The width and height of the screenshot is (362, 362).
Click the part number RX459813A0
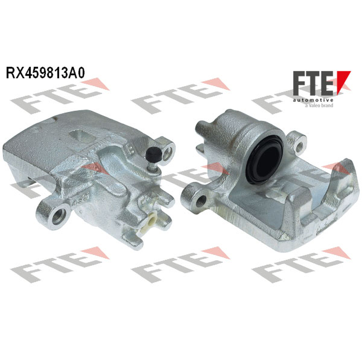coord(45,73)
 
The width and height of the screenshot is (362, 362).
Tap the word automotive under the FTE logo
coord(313,100)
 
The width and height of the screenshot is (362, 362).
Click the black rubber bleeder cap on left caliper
coord(154,154)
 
